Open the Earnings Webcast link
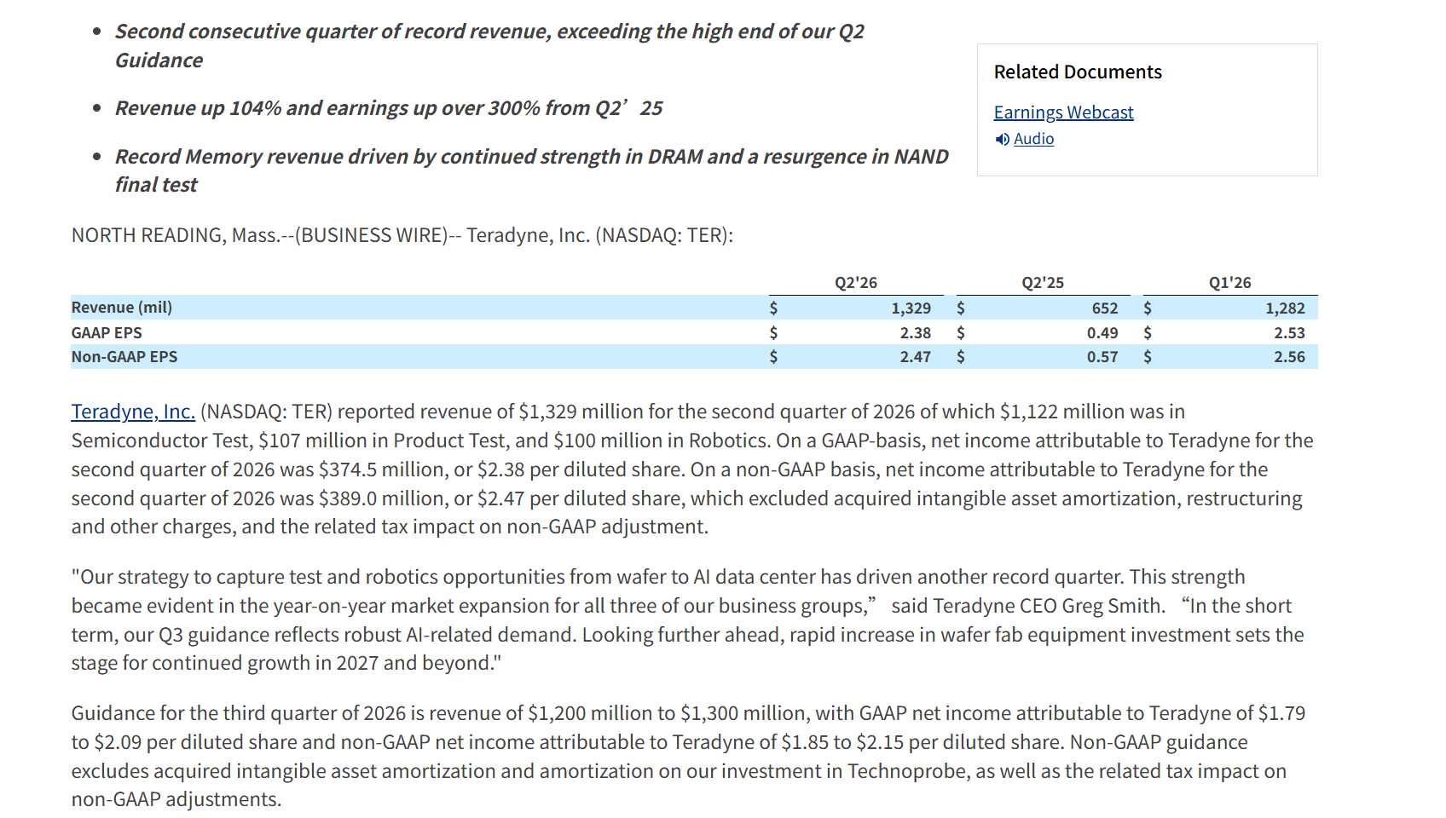click(1063, 112)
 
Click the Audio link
click(1033, 139)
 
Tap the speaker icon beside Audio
click(1002, 140)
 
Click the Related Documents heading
click(1078, 72)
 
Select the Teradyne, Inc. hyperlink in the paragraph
click(133, 411)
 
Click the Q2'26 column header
click(855, 283)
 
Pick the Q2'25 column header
click(1043, 283)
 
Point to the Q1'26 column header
click(1229, 283)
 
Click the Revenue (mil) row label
click(121, 307)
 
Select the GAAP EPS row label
click(107, 332)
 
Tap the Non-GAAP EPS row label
click(124, 357)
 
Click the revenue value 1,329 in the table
click(911, 308)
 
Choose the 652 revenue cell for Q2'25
click(1104, 308)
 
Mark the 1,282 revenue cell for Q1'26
click(1285, 308)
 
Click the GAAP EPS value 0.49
click(1102, 333)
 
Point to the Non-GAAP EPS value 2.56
click(1289, 357)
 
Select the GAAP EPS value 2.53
click(1289, 333)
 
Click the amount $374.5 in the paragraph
click(347, 469)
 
